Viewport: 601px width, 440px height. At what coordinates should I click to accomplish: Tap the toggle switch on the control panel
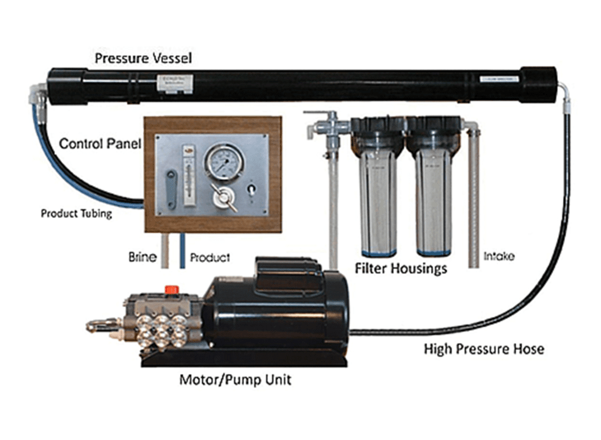252,190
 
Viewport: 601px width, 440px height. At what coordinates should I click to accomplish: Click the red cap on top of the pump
172,289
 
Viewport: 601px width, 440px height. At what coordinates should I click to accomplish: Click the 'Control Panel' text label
100,143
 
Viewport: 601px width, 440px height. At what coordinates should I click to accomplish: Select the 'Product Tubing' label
76,213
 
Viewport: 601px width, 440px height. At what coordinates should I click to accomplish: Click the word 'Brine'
142,257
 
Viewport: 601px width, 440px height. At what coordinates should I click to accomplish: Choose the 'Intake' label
499,257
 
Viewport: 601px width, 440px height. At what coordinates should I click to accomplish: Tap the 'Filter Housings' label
401,268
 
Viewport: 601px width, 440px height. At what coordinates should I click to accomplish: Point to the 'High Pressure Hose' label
484,349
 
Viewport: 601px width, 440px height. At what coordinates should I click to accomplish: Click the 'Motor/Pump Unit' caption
235,379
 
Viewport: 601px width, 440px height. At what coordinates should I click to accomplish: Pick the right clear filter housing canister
434,194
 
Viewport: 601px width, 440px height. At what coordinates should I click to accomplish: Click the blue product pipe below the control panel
183,250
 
